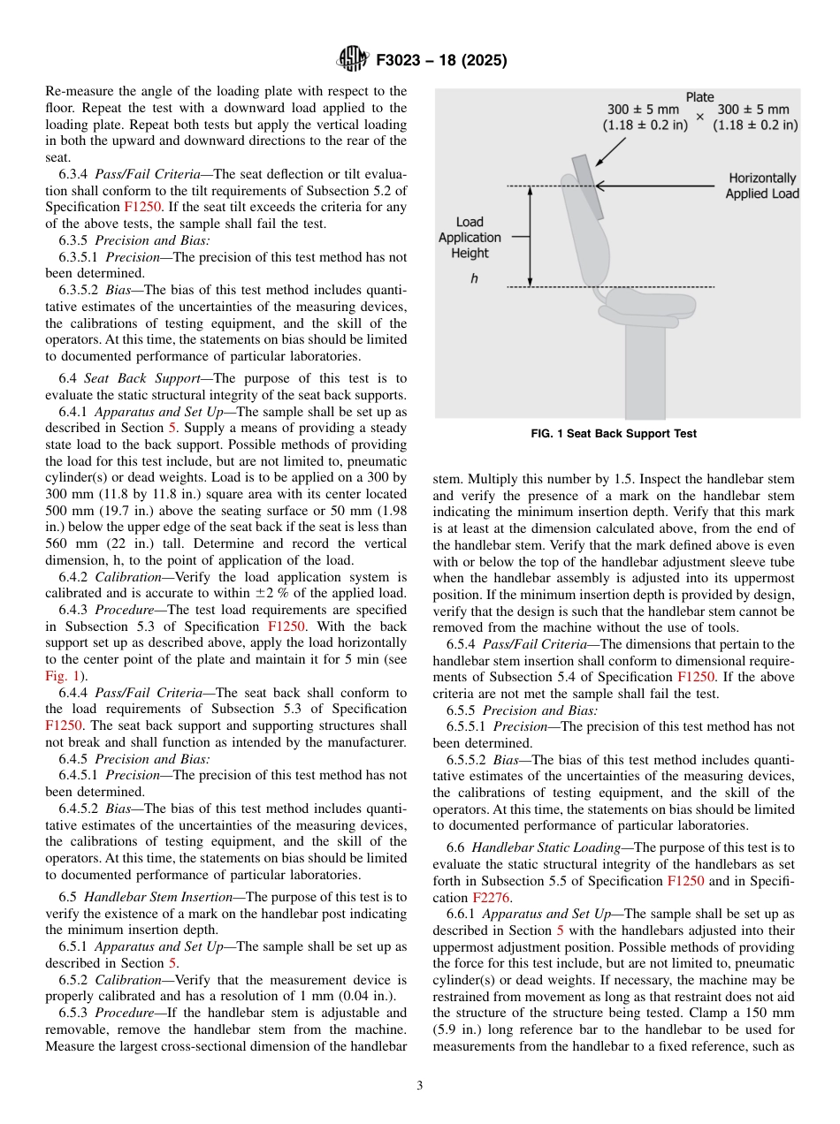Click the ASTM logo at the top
tap(351, 60)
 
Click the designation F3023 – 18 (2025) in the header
tap(441, 61)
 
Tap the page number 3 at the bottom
tap(420, 1085)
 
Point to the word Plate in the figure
tap(700, 97)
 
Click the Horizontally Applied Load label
tap(762, 186)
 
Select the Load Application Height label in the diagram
tap(470, 238)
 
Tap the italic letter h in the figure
tap(474, 277)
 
